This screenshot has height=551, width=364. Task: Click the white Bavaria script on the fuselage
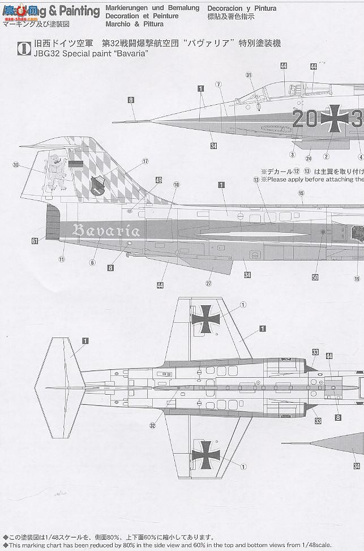pyautogui.click(x=106, y=230)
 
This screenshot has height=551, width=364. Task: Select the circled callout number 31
pyautogui.click(x=249, y=75)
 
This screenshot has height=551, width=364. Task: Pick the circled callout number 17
pyautogui.click(x=145, y=161)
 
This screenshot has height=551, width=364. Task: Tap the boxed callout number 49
pyautogui.click(x=159, y=181)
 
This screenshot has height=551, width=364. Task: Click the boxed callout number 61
pyautogui.click(x=35, y=241)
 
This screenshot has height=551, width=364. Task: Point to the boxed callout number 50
pyautogui.click(x=315, y=277)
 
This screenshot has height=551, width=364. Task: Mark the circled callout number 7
pyautogui.click(x=217, y=84)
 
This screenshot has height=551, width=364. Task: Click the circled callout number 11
pyautogui.click(x=61, y=259)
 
